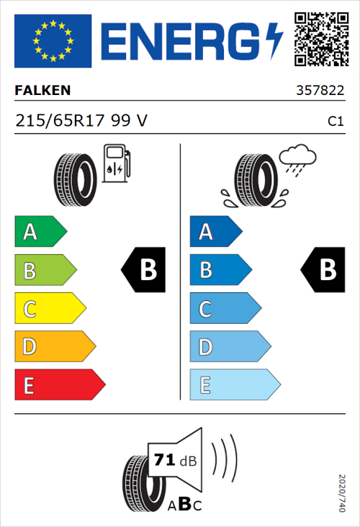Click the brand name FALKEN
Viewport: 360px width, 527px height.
point(43,91)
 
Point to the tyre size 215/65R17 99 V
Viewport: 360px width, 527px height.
point(81,121)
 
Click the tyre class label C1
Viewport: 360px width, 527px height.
point(335,122)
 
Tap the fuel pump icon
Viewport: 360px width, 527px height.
point(117,163)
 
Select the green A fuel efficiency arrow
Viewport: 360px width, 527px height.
point(40,232)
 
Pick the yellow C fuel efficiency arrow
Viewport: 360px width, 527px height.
point(50,309)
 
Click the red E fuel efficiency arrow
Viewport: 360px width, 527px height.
point(59,385)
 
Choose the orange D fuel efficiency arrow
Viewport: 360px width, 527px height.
point(55,347)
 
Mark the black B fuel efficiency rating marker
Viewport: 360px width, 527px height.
point(143,270)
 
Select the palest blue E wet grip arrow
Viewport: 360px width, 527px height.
point(235,385)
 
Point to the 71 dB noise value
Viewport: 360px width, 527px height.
point(173,459)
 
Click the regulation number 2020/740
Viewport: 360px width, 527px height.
point(341,492)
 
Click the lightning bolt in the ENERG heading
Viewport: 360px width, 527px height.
point(274,40)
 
